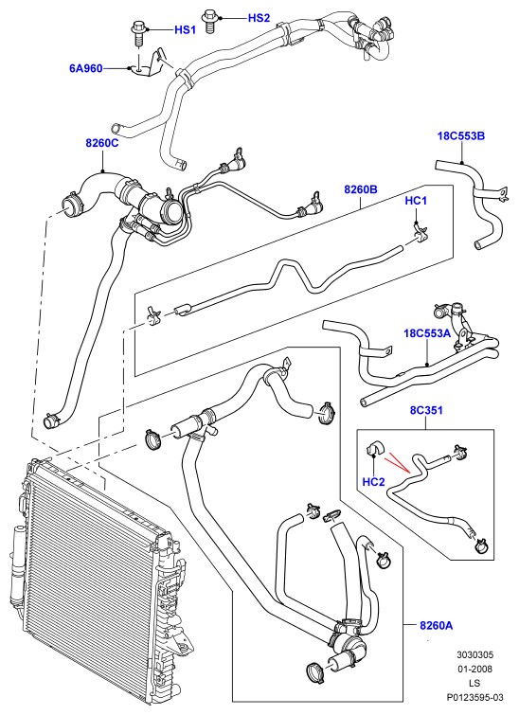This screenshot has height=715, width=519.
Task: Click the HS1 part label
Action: point(186,30)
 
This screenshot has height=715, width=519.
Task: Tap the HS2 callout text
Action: point(259,18)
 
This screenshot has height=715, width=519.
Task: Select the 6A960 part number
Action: point(86,69)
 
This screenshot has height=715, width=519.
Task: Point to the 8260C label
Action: point(101,143)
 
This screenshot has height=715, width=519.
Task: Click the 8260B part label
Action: point(361,189)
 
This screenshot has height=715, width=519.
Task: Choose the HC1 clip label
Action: point(416,200)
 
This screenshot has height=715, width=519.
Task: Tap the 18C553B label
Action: point(461,135)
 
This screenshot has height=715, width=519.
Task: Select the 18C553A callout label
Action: point(427,333)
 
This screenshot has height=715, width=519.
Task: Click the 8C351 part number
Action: point(426,410)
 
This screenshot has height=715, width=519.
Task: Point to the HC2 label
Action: point(373,481)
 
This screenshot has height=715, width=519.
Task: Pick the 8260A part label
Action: point(437,625)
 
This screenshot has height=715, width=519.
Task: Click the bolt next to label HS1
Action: point(136,31)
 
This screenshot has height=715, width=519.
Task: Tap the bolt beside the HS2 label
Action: point(210,20)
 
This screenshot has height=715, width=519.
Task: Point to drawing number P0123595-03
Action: point(474,697)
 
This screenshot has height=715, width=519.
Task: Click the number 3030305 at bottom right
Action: point(475,654)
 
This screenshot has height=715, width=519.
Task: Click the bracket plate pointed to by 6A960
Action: point(144,67)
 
